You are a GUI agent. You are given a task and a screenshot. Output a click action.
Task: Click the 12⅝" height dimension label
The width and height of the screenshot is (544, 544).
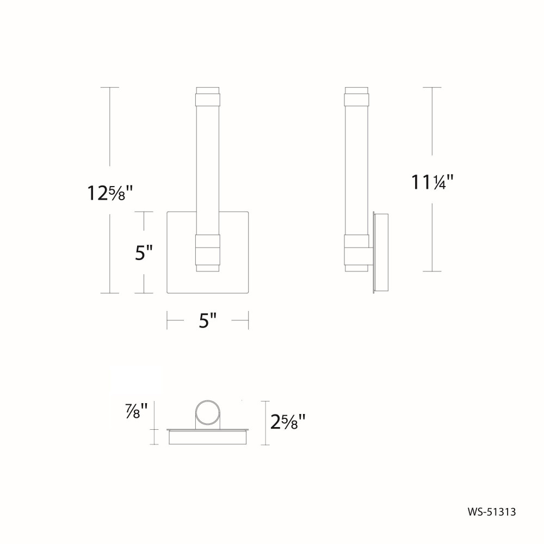click(x=110, y=193)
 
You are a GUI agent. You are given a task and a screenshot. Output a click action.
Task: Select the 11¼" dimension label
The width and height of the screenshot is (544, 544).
click(x=432, y=182)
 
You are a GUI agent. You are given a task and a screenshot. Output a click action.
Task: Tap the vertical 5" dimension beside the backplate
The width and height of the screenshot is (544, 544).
click(x=144, y=252)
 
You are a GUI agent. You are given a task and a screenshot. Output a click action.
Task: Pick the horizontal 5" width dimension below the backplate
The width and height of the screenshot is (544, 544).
click(x=207, y=320)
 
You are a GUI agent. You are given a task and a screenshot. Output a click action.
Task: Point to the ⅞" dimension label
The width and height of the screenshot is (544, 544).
click(x=137, y=410)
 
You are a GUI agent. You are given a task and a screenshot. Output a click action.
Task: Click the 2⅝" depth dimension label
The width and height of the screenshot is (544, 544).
click(x=288, y=422)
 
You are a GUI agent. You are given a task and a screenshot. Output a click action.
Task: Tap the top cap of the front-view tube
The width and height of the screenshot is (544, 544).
click(x=207, y=96)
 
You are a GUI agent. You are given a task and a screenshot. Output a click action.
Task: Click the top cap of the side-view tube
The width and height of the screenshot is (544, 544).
click(x=356, y=96)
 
